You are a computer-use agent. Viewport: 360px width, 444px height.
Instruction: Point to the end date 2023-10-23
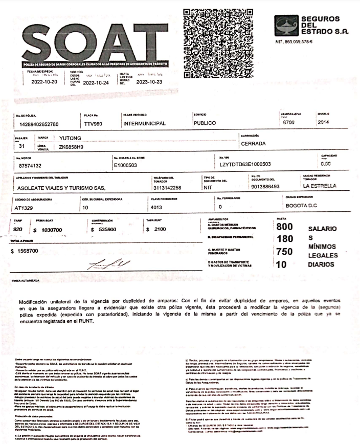[150, 81]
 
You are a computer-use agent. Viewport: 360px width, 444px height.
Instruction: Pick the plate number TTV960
[95, 124]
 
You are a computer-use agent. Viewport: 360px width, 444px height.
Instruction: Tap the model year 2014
[324, 122]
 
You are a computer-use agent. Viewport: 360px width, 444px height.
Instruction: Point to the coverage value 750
[284, 252]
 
